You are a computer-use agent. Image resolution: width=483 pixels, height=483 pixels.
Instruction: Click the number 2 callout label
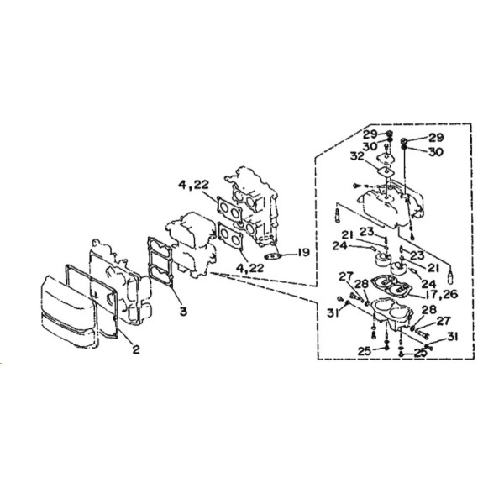tap(136, 349)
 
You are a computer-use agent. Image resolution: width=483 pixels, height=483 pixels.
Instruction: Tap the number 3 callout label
tap(183, 312)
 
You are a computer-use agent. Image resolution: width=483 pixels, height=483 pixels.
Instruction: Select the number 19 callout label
tap(303, 253)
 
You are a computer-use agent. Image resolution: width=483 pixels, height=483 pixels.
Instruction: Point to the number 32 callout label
tap(358, 156)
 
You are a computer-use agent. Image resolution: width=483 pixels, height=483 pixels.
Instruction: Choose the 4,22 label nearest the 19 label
tap(249, 268)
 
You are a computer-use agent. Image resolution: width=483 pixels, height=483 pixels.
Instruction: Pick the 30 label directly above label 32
tap(370, 146)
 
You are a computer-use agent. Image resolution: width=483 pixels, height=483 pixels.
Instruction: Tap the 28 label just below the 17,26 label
tap(428, 310)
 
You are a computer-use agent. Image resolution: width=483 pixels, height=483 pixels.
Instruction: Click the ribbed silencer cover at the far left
tap(68, 312)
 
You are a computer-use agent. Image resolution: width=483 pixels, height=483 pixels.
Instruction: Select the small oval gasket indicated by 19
tap(273, 256)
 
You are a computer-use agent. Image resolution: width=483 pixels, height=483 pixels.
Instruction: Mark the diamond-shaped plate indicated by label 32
tap(386, 171)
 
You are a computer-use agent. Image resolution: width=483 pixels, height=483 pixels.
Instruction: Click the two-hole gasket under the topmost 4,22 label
tap(229, 210)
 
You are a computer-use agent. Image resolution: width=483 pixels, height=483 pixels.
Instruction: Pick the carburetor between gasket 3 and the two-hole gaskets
tap(192, 244)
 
